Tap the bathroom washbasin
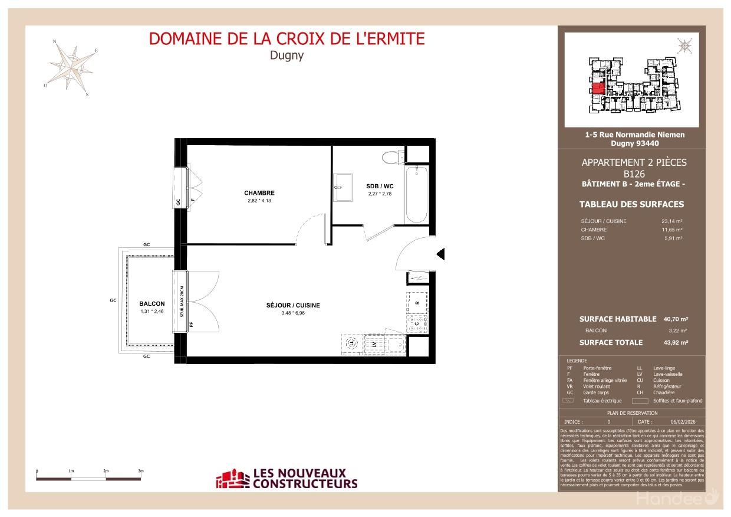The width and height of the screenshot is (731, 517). point(342,188)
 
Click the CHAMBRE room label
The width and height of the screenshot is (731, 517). point(259,193)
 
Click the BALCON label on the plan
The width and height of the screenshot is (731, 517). point(152,303)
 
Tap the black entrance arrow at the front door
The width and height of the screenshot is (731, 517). point(440,254)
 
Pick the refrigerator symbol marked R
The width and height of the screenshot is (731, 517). point(417,302)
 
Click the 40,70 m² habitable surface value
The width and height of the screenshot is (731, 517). point(675,319)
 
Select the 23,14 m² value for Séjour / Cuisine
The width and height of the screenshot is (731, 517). point(671,221)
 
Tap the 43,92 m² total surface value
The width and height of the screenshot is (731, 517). point(675,342)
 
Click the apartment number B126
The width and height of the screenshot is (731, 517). point(634,174)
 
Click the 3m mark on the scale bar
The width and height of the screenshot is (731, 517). point(141,472)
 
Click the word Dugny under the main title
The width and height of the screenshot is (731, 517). point(287,56)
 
